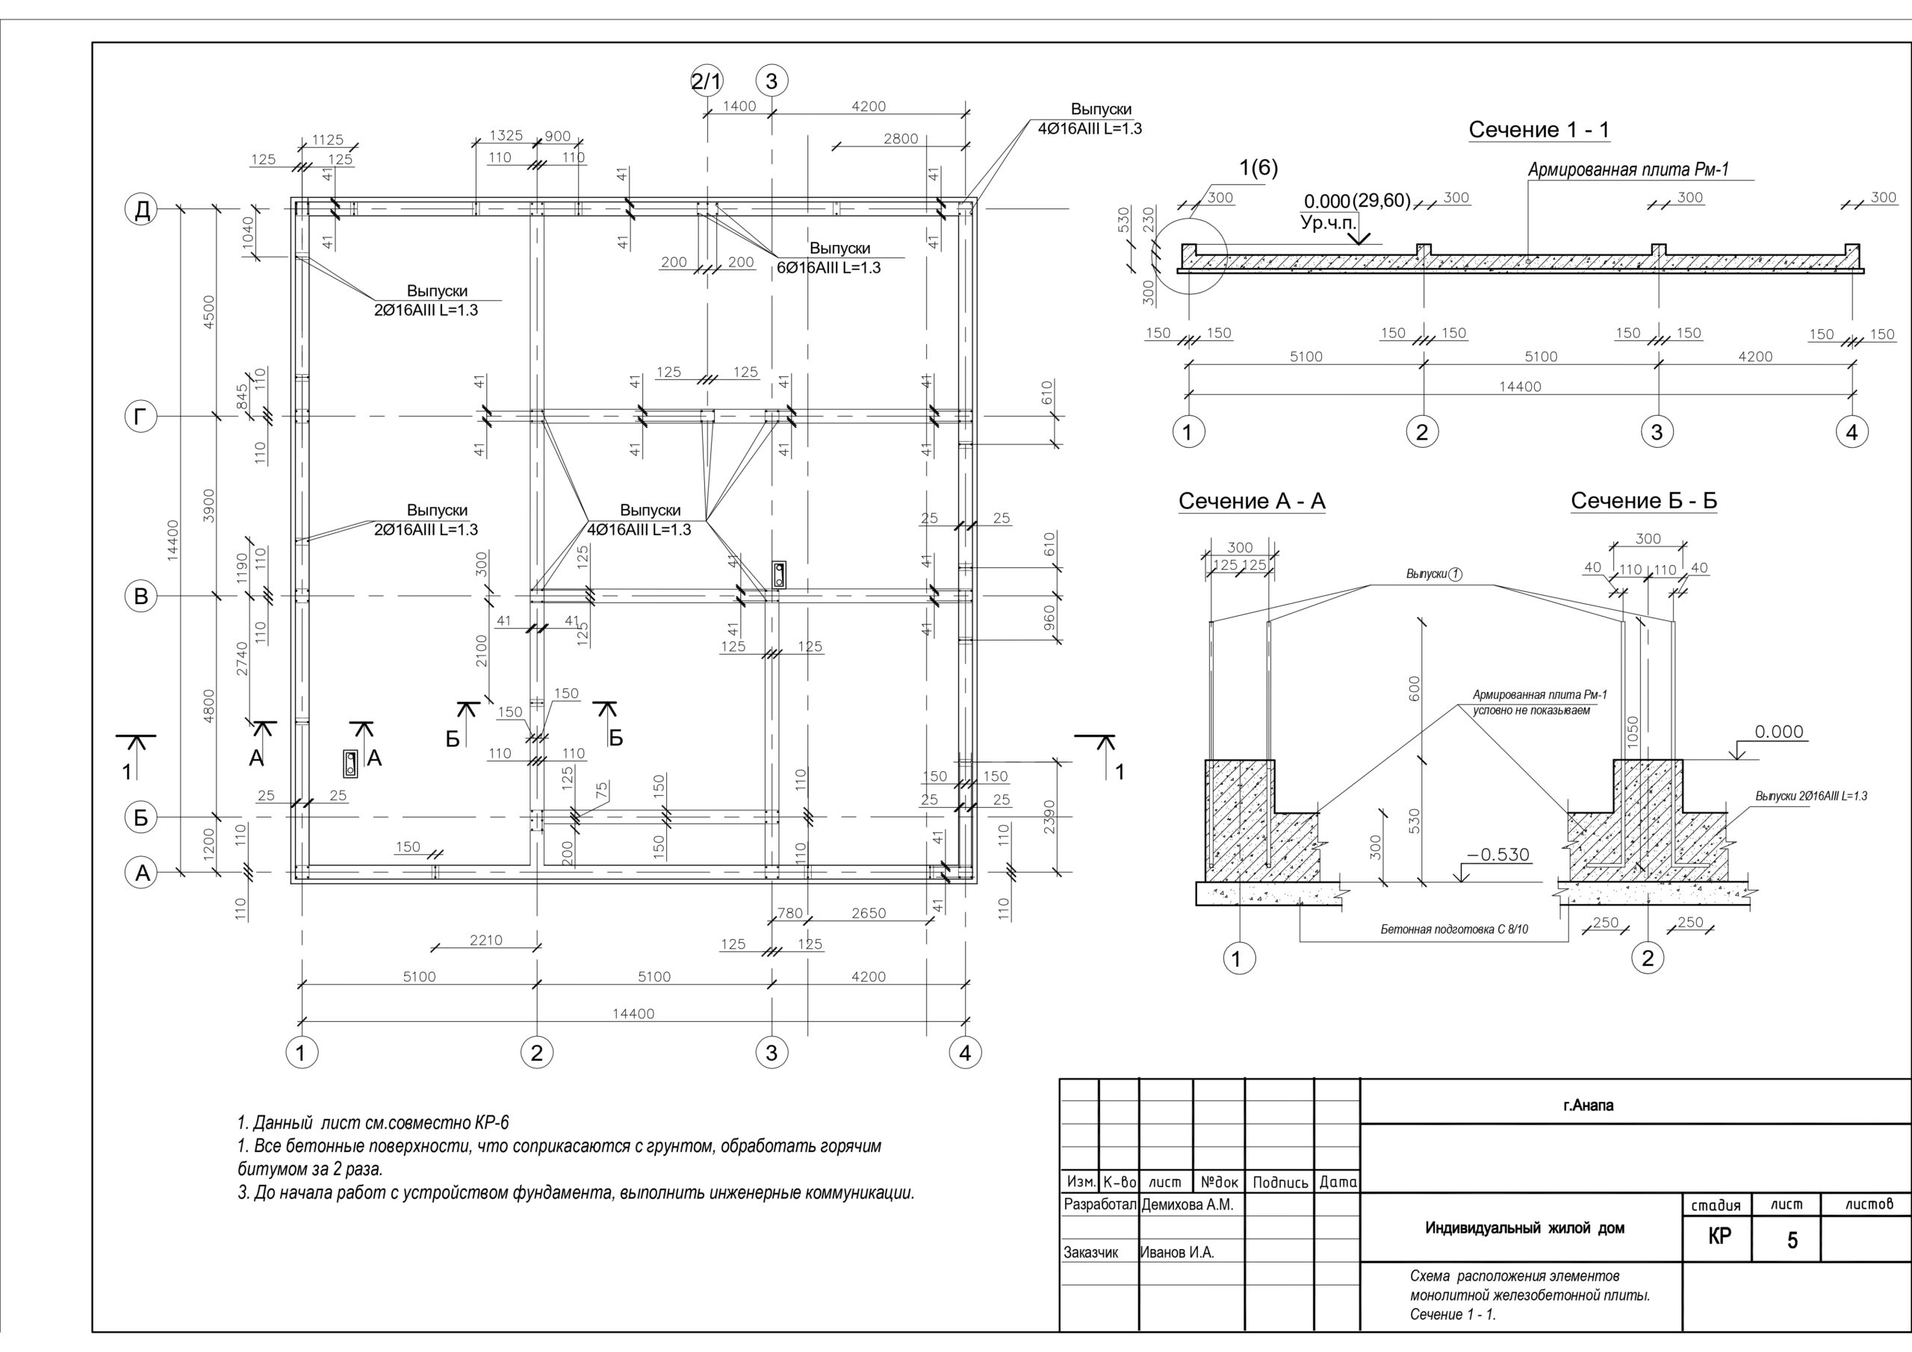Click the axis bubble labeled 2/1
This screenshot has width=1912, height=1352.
coord(707,81)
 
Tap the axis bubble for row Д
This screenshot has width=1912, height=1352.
coord(142,209)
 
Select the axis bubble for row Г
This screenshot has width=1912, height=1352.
coord(142,417)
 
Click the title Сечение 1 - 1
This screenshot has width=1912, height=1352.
coord(1539,130)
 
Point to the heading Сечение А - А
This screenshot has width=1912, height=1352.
coord(1252,501)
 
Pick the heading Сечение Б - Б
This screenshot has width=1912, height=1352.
coord(1644,500)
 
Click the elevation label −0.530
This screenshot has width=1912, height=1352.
coord(1498,855)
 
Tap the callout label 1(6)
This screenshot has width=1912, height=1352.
coord(1258,168)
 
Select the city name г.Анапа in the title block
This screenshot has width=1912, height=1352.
coord(1588,1106)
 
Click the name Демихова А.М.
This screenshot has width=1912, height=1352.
coord(1188,1205)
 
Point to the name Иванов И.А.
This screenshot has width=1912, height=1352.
coord(1176,1252)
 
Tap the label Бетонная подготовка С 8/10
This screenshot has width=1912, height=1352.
coord(1454,929)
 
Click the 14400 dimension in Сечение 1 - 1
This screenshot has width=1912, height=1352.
coord(1520,386)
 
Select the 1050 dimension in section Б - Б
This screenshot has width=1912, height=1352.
coord(1633,732)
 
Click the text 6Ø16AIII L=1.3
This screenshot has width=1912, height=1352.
coord(828,268)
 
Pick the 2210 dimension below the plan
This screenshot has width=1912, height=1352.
coord(486,940)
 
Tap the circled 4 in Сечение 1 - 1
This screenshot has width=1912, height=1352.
coord(1852,432)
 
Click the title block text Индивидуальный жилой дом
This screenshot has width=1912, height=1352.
coord(1525,1228)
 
